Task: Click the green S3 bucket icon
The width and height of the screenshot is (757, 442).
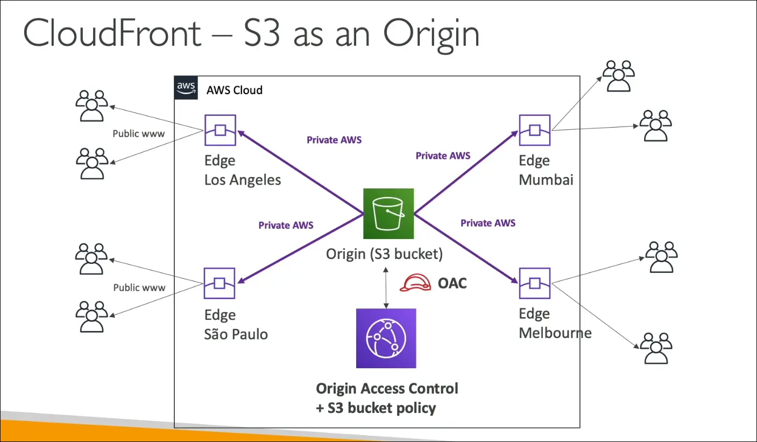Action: click(388, 213)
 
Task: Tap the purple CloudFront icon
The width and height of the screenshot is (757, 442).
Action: click(386, 338)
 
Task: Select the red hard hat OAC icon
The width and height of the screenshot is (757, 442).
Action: click(415, 283)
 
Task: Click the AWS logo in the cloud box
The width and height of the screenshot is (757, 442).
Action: click(185, 87)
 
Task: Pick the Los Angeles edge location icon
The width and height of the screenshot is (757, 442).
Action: click(220, 130)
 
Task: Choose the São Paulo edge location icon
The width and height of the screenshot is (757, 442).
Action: click(220, 283)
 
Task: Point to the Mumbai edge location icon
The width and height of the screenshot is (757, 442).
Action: click(534, 130)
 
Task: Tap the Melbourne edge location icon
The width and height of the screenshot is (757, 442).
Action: click(534, 283)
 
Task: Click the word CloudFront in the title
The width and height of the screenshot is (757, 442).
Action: click(112, 33)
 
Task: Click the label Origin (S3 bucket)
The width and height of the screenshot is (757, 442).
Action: click(384, 254)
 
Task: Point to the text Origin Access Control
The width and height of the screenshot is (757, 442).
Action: click(387, 388)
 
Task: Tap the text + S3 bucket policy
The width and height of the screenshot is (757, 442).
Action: click(376, 408)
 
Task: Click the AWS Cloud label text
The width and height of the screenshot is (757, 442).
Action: click(235, 90)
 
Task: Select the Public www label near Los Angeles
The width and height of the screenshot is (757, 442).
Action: click(139, 134)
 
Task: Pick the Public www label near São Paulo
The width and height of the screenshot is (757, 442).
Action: click(139, 287)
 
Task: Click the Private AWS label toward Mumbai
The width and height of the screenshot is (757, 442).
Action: click(443, 156)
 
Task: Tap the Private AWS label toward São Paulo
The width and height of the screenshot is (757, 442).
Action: click(286, 225)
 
